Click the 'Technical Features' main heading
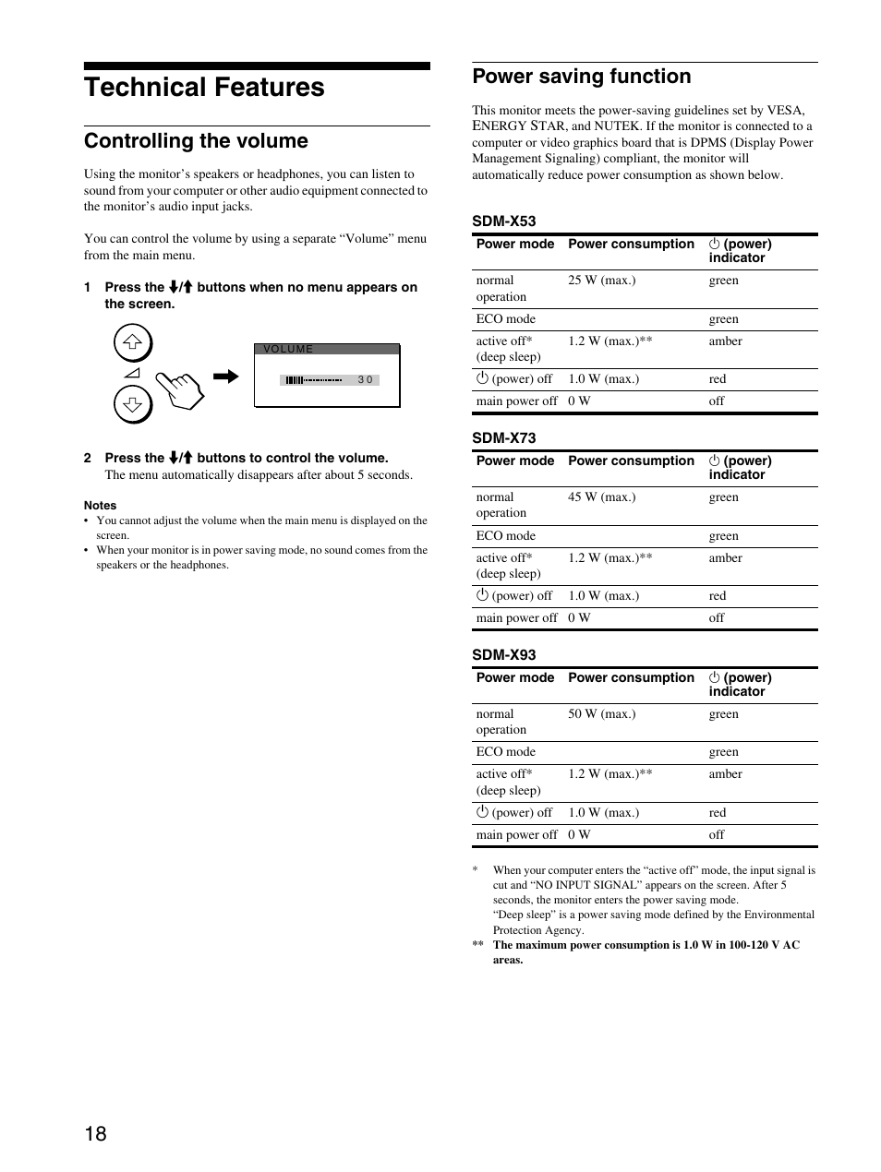pos(204,88)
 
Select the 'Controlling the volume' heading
pos(196,141)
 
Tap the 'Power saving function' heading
pos(581,77)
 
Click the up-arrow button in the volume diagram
pos(133,343)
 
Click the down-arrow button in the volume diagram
pos(133,403)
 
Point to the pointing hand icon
pos(180,388)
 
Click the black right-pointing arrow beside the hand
pos(225,377)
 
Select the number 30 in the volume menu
pos(366,380)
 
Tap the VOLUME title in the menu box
pos(288,350)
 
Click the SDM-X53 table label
pos(503,221)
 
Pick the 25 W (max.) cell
pos(601,281)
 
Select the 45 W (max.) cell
pos(601,497)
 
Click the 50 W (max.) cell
pos(601,714)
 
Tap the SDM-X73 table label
pos(503,438)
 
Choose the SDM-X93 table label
pos(503,655)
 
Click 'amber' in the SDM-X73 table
pos(725,558)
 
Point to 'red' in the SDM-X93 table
pos(718,813)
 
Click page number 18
pos(95,1134)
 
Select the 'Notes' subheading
pos(100,506)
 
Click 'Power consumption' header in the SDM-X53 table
pos(631,245)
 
